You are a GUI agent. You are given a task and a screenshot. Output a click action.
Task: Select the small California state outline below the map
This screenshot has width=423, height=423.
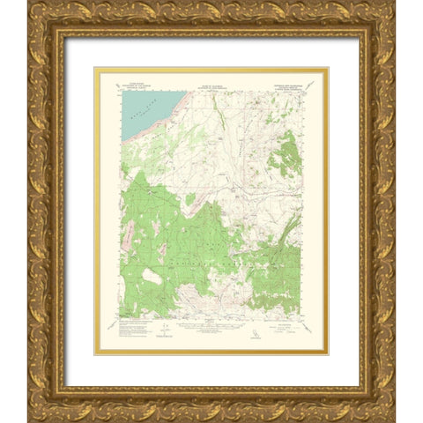coord(256,334)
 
